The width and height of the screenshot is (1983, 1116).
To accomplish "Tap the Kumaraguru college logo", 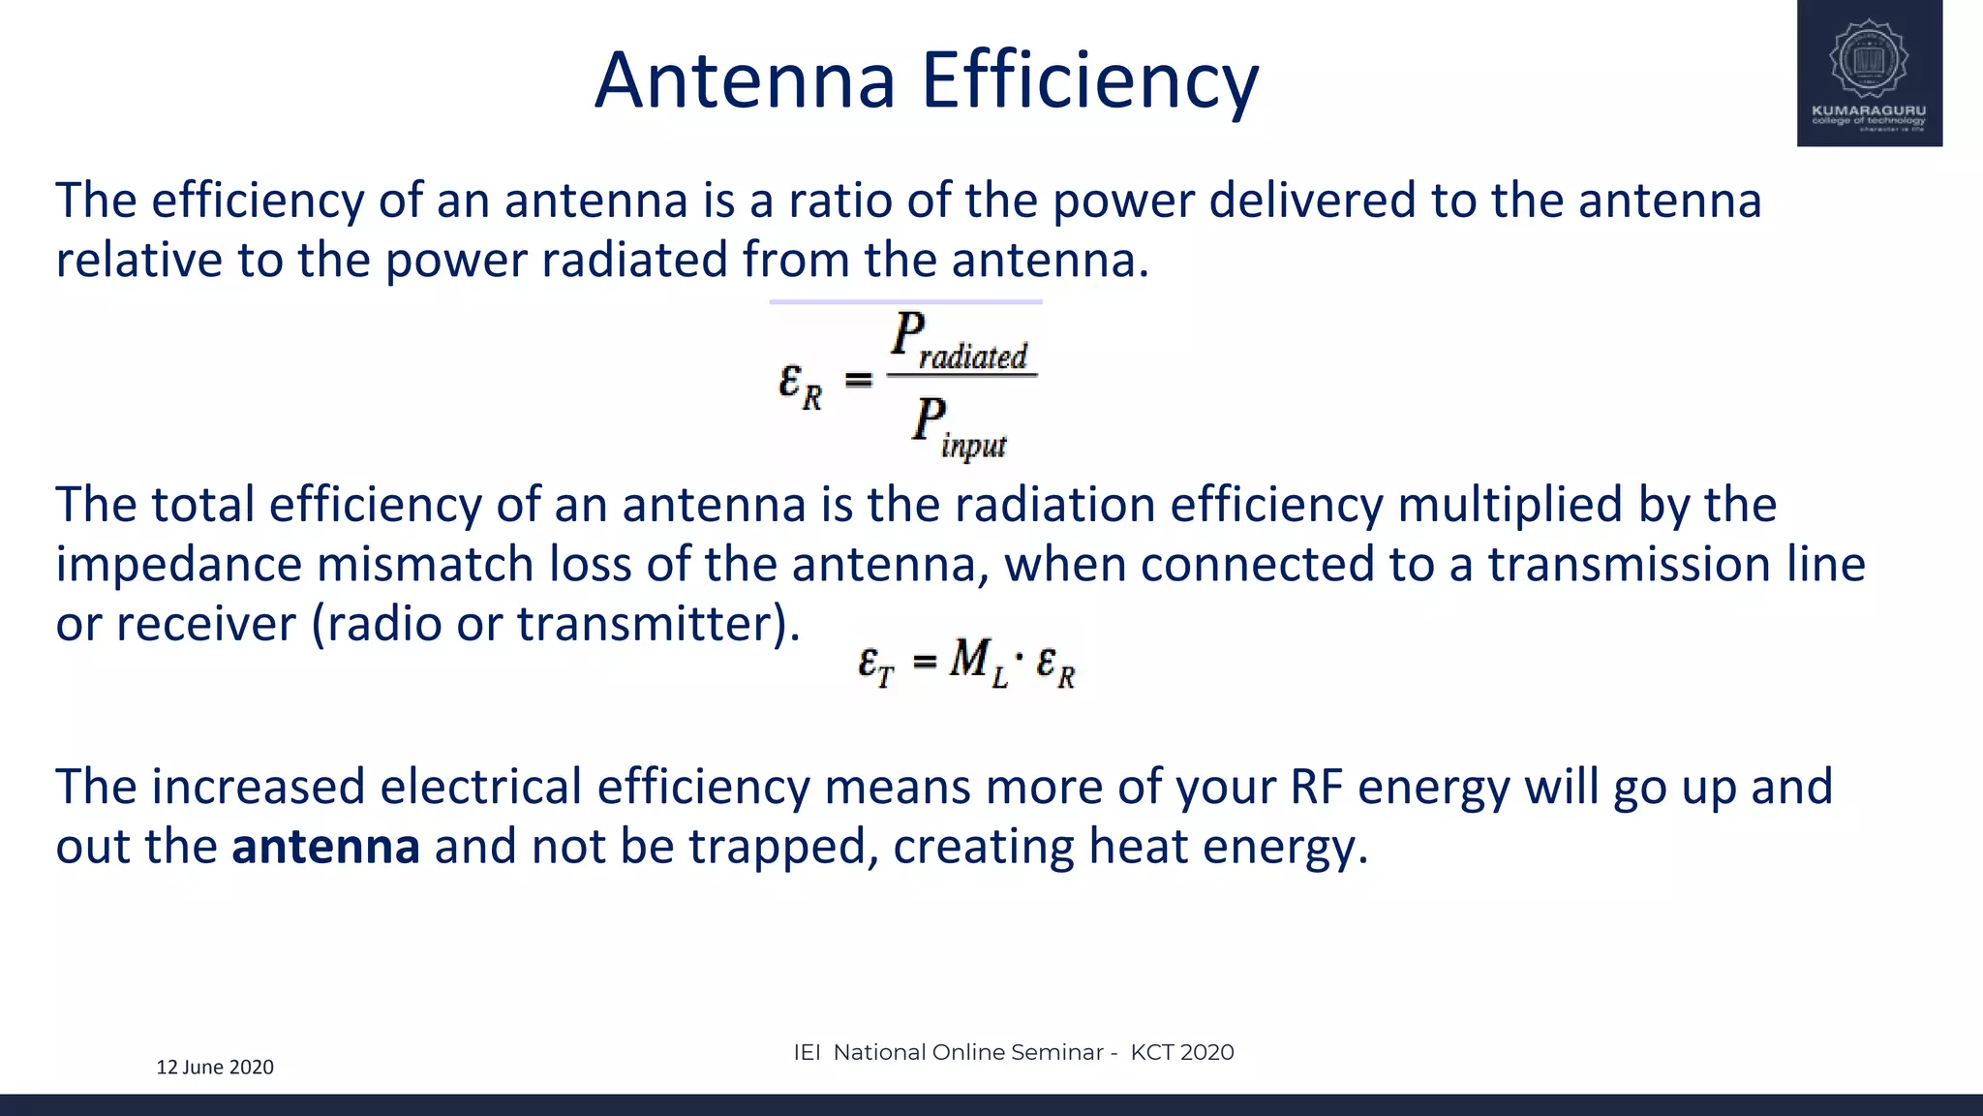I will [1869, 74].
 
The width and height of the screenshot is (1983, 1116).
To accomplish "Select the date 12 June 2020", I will [215, 1067].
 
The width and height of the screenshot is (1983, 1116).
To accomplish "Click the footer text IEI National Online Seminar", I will [948, 1052].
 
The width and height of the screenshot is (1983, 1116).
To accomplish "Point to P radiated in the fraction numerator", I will [959, 341].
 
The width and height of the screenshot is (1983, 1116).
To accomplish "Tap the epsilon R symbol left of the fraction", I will [800, 385].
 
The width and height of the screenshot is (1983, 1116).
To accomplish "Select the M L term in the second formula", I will [978, 663].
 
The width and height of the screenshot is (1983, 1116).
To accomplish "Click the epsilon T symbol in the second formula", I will [876, 666].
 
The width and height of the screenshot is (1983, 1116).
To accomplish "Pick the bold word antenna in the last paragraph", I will [325, 846].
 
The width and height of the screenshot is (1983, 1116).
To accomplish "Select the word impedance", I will [178, 565].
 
